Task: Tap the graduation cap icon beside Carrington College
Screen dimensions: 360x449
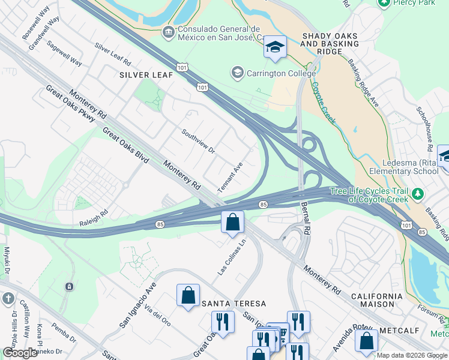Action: (237, 73)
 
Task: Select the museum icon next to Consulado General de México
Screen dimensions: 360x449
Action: (168, 31)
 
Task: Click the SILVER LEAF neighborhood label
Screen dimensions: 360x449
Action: (146, 74)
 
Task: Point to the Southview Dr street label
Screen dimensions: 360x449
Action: (198, 141)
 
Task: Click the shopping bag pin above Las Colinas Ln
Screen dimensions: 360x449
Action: (232, 223)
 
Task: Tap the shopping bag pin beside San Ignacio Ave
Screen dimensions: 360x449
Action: (188, 295)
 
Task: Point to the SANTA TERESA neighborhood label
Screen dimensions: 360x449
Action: (234, 304)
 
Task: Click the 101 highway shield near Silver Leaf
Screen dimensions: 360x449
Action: (202, 88)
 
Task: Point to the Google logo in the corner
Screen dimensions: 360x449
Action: (20, 353)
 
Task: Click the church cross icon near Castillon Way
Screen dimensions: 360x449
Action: (8, 298)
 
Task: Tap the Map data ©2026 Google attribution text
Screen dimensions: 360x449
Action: (412, 355)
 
